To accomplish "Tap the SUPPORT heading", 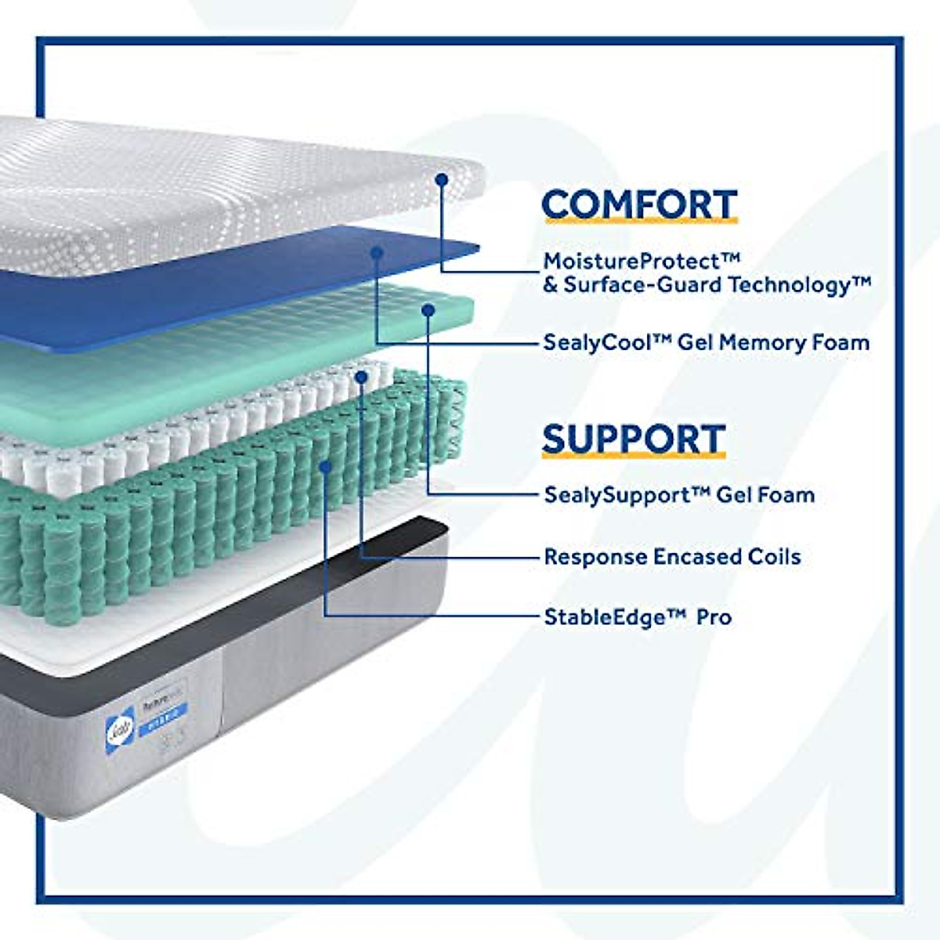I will tap(633, 439).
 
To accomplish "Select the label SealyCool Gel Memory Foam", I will tap(706, 342).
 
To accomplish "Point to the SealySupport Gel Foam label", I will tap(678, 494).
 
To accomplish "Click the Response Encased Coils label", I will tap(672, 557).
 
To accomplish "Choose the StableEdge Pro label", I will tap(638, 616).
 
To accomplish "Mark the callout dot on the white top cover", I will tap(442, 179).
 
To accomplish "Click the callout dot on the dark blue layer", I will tap(377, 252).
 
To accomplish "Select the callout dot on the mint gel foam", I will tap(428, 310).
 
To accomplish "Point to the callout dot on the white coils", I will tap(361, 378).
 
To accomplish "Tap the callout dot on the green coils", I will tap(325, 466).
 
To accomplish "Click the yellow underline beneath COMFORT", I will tap(638, 222).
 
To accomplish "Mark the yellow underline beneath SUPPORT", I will tap(633, 456).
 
